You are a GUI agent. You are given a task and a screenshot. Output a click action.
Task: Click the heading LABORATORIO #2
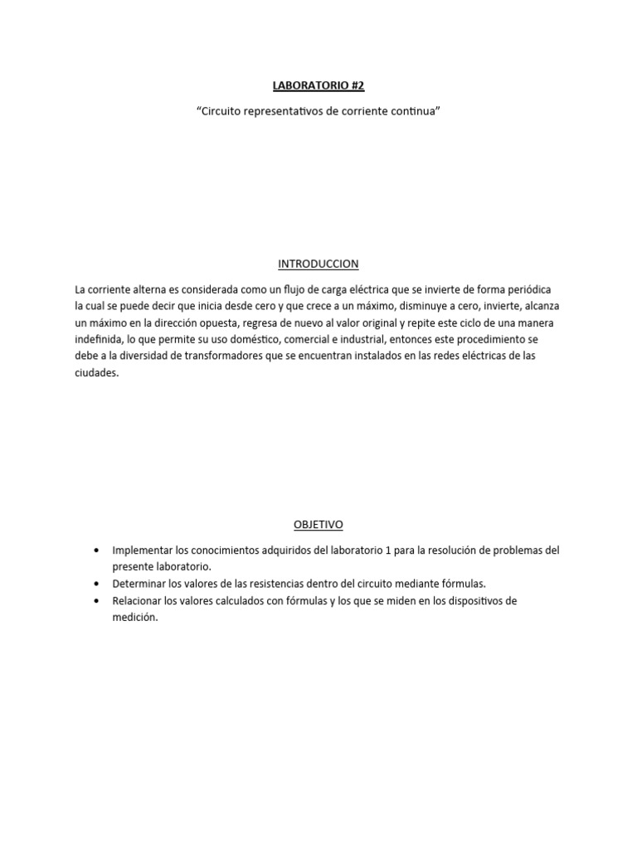pyautogui.click(x=318, y=85)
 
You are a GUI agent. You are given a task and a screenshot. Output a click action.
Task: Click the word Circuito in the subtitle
pyautogui.click(x=221, y=111)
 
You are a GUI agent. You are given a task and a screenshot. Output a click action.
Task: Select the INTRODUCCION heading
pyautogui.click(x=318, y=264)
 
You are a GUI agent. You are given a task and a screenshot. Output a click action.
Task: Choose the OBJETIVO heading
pyautogui.click(x=318, y=524)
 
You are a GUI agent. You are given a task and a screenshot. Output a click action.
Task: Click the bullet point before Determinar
pyautogui.click(x=99, y=584)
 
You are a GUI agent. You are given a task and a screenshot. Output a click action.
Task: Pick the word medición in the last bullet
pyautogui.click(x=134, y=617)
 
